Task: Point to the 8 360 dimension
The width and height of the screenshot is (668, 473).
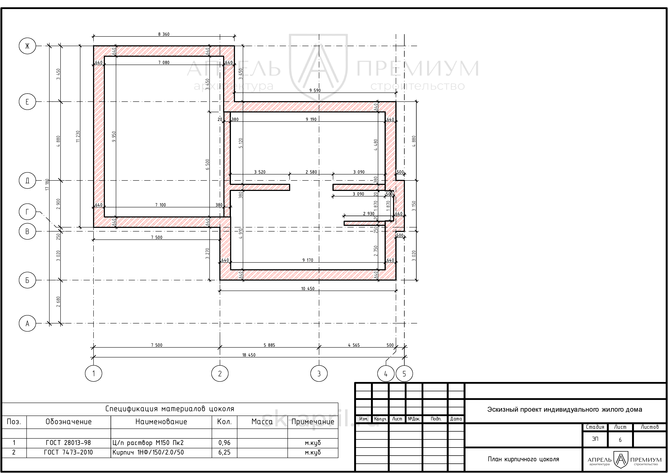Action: pos(164,34)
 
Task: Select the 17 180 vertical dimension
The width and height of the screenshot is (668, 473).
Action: pos(47,185)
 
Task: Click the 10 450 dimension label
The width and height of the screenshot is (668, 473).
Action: pos(308,289)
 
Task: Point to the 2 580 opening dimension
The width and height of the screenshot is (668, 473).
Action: pos(311,172)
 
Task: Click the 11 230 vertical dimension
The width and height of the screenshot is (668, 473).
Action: pos(78,136)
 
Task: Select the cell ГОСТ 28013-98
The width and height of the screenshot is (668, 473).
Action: pos(68,443)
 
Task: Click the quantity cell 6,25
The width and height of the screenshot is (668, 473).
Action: pos(224,452)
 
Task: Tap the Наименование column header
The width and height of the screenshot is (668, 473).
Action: pos(161,422)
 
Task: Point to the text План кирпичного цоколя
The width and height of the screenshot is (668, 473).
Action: pos(523,459)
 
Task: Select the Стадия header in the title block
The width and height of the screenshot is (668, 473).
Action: pos(595,427)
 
